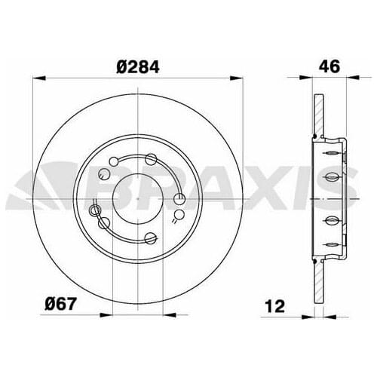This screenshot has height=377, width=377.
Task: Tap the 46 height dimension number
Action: click(x=328, y=66)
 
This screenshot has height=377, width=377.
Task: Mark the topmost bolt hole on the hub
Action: click(x=151, y=158)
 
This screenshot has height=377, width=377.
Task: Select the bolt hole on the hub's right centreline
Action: click(x=179, y=198)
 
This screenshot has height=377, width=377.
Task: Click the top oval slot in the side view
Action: click(x=330, y=152)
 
